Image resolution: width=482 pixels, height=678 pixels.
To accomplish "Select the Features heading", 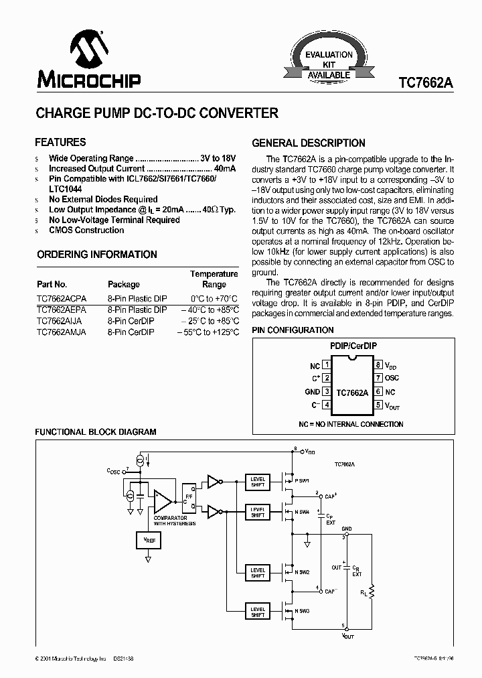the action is pyautogui.click(x=60, y=142).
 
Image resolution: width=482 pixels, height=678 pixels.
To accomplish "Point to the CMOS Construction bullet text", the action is pyautogui.click(x=86, y=230).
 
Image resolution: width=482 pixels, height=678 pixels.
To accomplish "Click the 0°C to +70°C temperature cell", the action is pyautogui.click(x=214, y=298).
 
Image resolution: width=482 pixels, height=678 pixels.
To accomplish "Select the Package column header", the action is pyautogui.click(x=124, y=284).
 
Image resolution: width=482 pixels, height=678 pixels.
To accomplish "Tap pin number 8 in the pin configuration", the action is pyautogui.click(x=378, y=365).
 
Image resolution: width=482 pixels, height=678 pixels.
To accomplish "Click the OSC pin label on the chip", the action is pyautogui.click(x=392, y=378).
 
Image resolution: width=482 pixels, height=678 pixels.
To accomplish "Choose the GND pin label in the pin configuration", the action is pyautogui.click(x=312, y=391).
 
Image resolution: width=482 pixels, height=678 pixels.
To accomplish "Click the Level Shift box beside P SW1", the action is pyautogui.click(x=258, y=482).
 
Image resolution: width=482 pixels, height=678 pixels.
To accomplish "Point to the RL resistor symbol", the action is pyautogui.click(x=372, y=592).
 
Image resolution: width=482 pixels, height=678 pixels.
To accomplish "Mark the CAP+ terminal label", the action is pyautogui.click(x=330, y=496).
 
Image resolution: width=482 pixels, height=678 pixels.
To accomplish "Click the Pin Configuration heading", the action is pyautogui.click(x=293, y=330).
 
